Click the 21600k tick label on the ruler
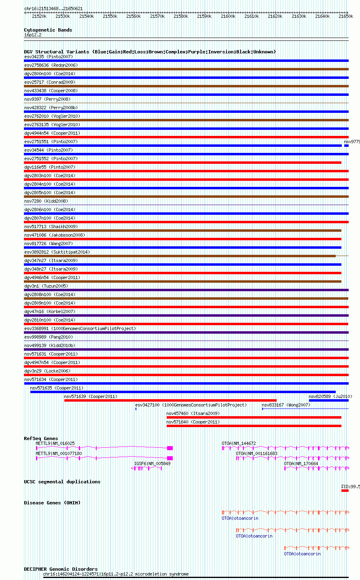point(228,16)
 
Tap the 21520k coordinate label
point(39,16)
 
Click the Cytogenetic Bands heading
point(48,30)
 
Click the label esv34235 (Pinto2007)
point(48,57)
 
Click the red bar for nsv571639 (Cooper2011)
point(170,400)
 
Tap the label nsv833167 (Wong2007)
point(286,405)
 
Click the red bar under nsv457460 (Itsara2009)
point(254,417)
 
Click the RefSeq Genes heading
point(41,438)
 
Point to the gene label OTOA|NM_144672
point(239,444)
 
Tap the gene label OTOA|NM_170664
point(301,464)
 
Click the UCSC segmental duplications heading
point(62,482)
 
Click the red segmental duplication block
point(345,491)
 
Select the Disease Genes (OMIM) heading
point(52,503)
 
